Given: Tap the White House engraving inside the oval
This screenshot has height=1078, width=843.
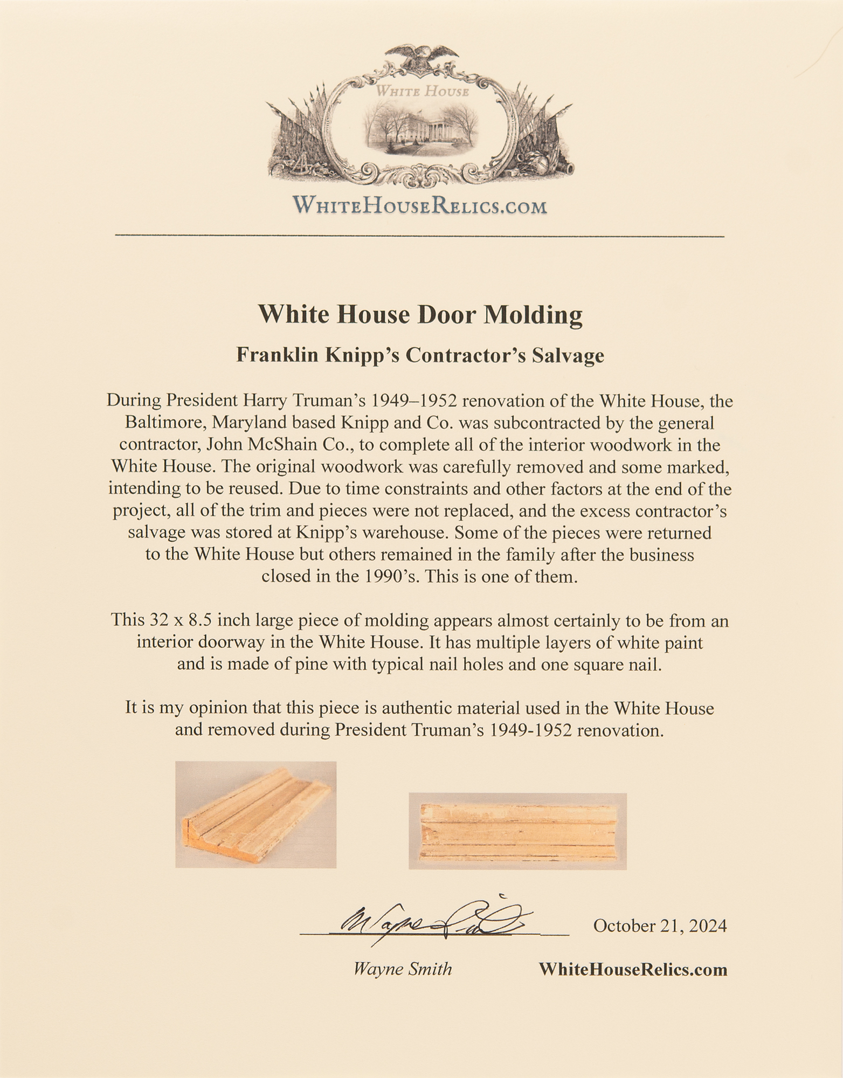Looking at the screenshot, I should click(x=421, y=127).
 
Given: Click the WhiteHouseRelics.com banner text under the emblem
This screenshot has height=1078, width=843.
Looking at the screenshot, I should click(x=419, y=206).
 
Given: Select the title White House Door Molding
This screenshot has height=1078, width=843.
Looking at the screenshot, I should click(x=420, y=314).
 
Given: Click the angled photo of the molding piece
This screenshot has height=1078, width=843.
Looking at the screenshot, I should click(x=255, y=814).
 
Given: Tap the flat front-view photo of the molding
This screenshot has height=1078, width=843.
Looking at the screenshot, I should click(x=517, y=831).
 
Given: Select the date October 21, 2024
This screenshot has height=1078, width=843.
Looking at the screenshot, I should click(x=660, y=925).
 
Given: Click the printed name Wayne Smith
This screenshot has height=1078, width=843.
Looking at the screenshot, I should click(x=402, y=969).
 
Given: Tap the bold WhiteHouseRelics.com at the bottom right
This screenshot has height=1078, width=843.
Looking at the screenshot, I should click(x=633, y=969).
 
